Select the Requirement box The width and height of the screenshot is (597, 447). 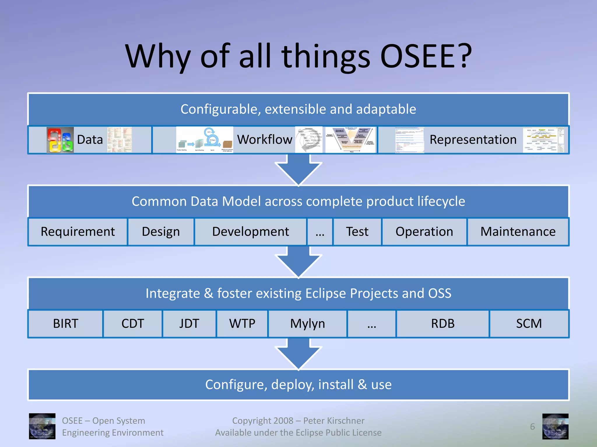[78, 232]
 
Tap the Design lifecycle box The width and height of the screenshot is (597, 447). [161, 232]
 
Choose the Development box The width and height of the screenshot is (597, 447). [250, 232]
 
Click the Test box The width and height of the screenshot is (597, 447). [357, 232]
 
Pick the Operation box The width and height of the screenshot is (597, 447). [424, 232]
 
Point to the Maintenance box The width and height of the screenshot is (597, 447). [518, 232]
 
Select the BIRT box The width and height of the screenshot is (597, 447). [66, 324]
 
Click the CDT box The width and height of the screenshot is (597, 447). [133, 324]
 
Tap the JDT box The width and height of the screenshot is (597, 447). [189, 324]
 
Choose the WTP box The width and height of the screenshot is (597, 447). [242, 324]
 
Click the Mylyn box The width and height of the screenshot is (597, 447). [308, 324]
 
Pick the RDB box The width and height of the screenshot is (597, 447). [443, 324]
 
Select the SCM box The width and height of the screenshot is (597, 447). [529, 324]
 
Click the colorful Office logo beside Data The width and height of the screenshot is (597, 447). [60, 140]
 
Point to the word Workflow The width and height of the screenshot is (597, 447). [264, 140]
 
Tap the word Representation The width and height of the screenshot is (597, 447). [473, 140]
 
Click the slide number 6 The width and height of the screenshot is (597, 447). [532, 427]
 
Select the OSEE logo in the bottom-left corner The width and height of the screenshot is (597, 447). [42, 426]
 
